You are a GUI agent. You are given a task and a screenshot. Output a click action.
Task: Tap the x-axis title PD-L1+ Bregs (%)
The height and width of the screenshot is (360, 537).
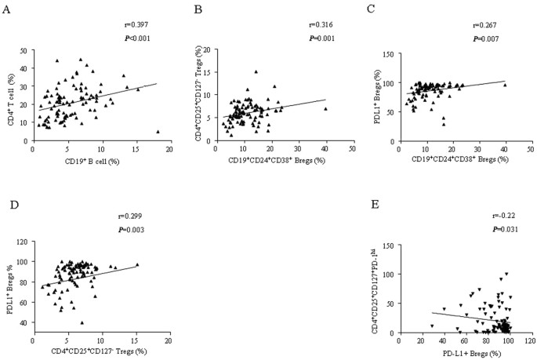click(466, 352)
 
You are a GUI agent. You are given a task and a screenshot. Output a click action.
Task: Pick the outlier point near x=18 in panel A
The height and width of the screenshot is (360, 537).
click(158, 132)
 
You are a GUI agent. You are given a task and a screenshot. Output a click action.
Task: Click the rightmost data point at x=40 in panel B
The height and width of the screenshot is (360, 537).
click(325, 108)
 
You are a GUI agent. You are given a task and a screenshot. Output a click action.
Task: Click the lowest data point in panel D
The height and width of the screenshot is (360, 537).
click(82, 322)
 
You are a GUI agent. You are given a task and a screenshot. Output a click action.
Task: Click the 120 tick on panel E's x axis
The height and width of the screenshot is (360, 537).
click(529, 340)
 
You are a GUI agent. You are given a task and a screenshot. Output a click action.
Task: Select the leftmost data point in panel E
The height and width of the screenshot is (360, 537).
click(432, 325)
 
